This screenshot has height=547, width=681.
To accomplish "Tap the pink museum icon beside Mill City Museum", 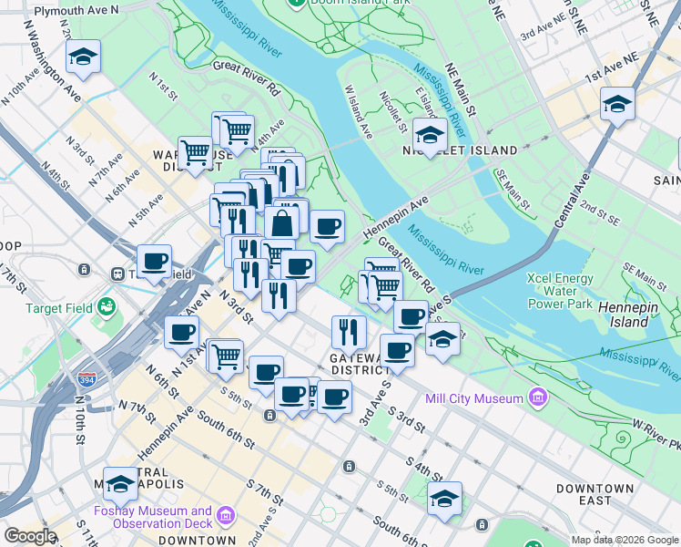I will [538, 398].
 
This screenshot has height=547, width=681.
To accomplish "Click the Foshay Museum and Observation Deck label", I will [152, 517].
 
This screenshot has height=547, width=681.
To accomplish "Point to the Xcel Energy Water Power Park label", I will [559, 291].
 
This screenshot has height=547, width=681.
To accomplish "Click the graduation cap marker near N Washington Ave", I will [83, 57].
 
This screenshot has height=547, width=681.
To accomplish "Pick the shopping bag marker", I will [282, 222].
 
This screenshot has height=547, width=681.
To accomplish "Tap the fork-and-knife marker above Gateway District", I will [348, 331].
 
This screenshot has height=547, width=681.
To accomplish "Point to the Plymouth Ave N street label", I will [76, 9].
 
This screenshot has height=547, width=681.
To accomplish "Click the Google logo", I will [30, 537].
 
